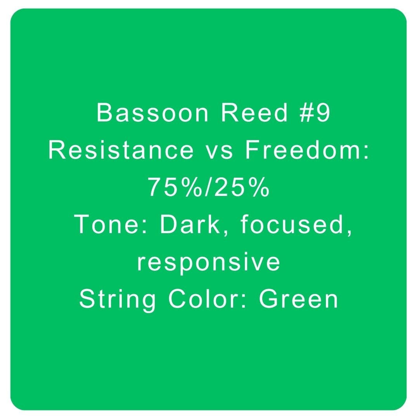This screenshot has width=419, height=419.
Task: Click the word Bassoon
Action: [152, 113]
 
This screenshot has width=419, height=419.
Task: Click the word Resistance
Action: [121, 151]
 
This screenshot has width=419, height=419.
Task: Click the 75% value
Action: [175, 188]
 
